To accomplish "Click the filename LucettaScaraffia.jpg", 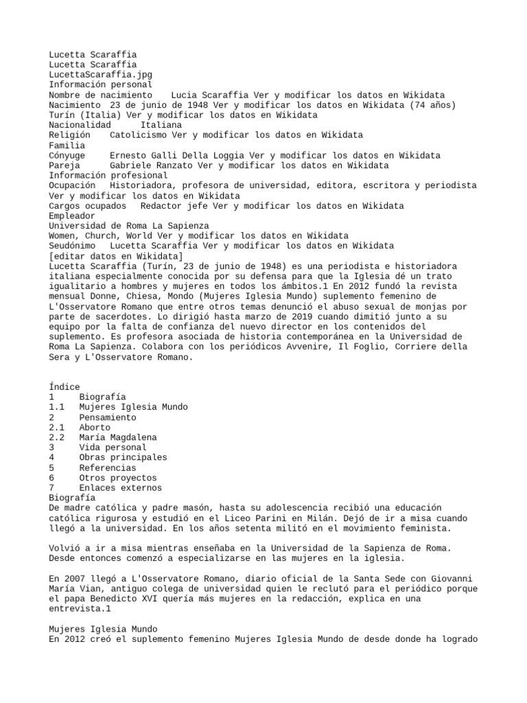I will click(x=100, y=74).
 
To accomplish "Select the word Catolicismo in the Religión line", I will click(x=137, y=135).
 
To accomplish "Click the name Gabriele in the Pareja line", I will click(x=132, y=165).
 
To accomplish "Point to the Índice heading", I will click(x=65, y=387).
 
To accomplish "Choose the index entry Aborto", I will click(x=95, y=427).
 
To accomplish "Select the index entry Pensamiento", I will click(x=107, y=417).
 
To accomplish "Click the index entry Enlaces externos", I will click(x=120, y=487).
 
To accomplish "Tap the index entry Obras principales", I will click(x=123, y=457).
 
